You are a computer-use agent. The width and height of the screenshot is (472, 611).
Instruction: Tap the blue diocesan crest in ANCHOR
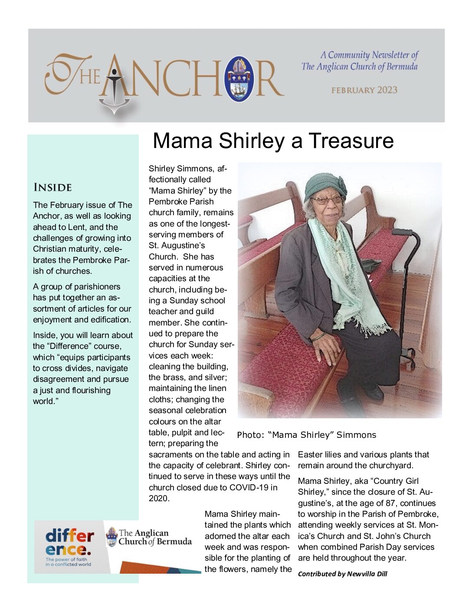239,79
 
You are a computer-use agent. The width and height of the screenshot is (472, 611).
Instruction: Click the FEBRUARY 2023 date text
364,90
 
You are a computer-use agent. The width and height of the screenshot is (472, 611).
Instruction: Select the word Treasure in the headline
351,141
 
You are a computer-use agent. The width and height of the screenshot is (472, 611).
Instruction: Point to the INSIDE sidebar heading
52,187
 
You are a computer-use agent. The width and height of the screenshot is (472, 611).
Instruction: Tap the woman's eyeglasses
326,200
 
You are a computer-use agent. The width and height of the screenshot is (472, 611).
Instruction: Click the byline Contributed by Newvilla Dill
342,574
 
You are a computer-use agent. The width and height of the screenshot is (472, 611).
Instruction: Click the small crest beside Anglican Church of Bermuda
112,537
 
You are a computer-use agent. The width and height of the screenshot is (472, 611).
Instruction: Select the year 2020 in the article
158,498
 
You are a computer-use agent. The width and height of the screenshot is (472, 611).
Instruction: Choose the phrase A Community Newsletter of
369,55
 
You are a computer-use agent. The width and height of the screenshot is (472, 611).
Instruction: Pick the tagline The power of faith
66,559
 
